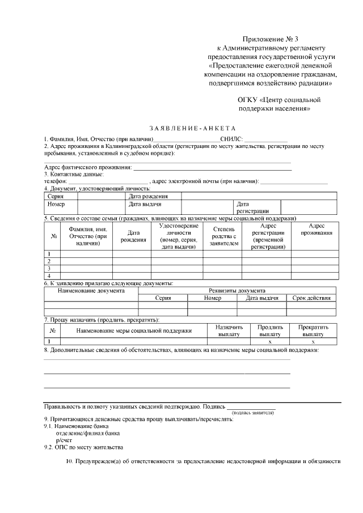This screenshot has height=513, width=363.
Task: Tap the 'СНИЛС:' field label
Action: point(231,138)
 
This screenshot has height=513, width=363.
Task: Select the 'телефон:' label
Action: point(56,181)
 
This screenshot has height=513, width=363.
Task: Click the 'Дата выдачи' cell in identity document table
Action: point(146,203)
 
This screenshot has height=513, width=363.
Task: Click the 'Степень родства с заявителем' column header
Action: point(220,236)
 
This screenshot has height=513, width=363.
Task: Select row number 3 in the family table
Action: point(49,268)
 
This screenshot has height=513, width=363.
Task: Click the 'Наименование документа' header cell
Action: point(91,290)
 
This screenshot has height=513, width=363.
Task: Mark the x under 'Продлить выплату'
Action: point(270,342)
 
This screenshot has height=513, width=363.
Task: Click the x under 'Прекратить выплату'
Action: point(313,342)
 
